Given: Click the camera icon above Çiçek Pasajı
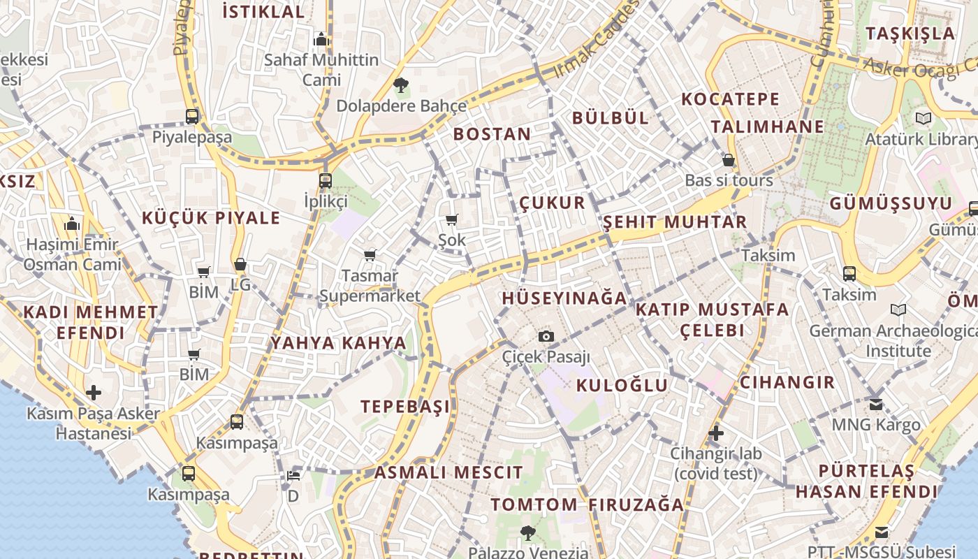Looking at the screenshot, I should click(546, 337).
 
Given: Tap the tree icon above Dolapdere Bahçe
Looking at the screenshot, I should click(401, 86).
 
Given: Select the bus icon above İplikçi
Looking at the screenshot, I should click(325, 181).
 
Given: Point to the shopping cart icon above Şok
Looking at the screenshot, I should click(452, 220).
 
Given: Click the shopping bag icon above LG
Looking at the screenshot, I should click(240, 265).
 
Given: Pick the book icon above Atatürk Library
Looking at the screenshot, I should click(924, 119).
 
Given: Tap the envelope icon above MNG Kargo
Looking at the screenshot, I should click(876, 405).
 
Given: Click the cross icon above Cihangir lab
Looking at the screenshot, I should click(715, 433).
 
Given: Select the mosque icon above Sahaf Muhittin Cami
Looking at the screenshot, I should click(321, 39).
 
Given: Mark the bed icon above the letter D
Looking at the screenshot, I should click(293, 476).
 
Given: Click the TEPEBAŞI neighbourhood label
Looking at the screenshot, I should click(405, 407).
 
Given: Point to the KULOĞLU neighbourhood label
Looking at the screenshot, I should click(622, 385).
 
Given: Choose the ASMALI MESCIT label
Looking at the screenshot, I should click(448, 472).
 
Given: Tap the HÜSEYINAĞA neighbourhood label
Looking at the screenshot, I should click(564, 298).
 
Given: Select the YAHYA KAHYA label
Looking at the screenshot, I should click(338, 343).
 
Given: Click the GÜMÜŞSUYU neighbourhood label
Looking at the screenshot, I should click(891, 203).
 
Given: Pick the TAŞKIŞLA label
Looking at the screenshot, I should click(910, 33).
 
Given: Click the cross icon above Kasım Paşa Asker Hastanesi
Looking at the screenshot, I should click(93, 393).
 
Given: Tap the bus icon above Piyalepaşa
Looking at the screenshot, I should click(192, 116).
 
